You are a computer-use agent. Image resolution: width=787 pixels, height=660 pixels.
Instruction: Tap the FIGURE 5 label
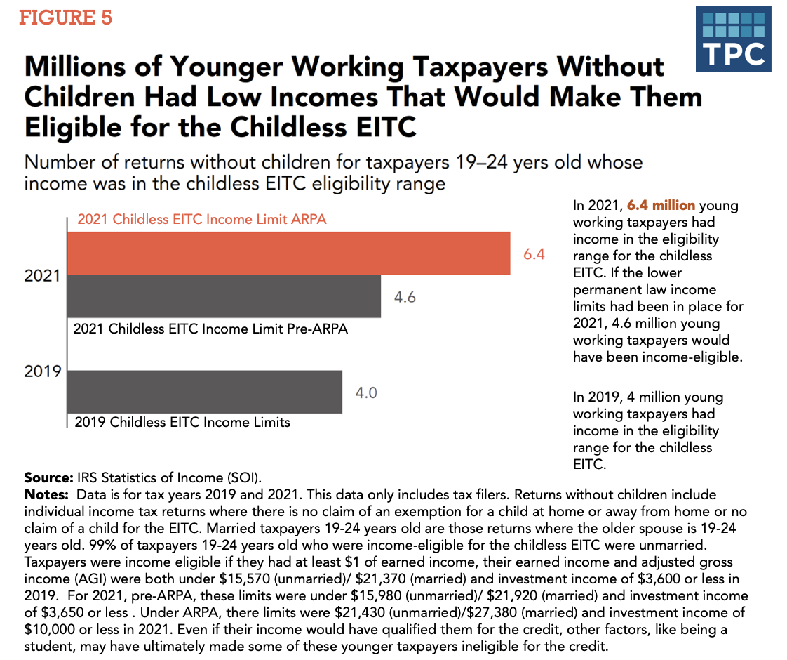pyautogui.click(x=65, y=18)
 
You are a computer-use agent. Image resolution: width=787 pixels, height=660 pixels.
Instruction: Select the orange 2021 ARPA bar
pyautogui.click(x=288, y=253)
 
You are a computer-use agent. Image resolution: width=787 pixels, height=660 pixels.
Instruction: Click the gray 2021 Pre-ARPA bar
pyautogui.click(x=224, y=296)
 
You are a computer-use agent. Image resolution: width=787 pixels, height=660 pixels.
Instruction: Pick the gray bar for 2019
pyautogui.click(x=204, y=392)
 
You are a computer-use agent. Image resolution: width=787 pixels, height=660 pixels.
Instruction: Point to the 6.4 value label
pyautogui.click(x=534, y=254)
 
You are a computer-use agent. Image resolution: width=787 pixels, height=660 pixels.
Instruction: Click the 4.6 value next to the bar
pyautogui.click(x=405, y=297)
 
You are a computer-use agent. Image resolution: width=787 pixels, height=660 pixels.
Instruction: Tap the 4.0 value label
pyautogui.click(x=366, y=392)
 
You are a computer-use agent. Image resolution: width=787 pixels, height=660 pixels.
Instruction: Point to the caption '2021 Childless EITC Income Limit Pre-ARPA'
pyautogui.click(x=211, y=329)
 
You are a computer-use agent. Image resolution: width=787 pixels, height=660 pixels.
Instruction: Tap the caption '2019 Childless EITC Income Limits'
pyautogui.click(x=182, y=423)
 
